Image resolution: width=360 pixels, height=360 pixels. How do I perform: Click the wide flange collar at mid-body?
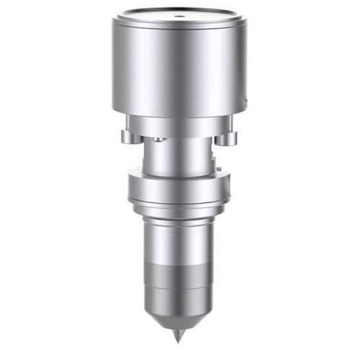179,189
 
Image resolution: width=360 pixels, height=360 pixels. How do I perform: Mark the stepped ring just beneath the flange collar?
179,210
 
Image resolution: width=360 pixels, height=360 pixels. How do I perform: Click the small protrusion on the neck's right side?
214,153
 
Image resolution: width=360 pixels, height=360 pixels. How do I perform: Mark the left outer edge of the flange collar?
130,189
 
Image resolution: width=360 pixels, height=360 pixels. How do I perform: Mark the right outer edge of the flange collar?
228,189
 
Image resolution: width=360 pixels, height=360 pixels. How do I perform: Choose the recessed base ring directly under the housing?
179,123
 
